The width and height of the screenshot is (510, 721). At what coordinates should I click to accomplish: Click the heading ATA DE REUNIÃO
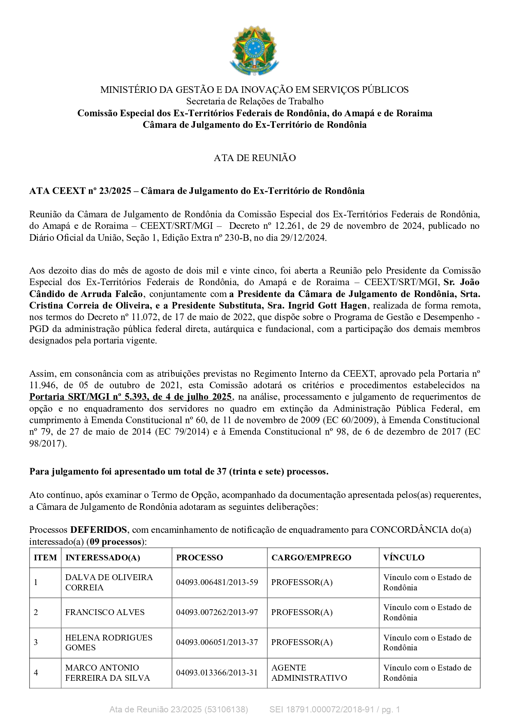[255, 158]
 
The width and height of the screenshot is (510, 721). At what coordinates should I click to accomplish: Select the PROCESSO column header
[199, 557]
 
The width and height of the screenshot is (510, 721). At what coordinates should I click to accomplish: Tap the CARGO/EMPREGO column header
[311, 557]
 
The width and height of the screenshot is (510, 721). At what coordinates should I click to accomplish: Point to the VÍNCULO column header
[403, 557]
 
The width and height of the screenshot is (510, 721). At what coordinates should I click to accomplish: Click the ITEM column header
[45, 557]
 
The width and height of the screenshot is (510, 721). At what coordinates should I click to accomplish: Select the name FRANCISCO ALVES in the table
[105, 612]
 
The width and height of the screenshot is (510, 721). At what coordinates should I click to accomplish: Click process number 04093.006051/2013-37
[217, 642]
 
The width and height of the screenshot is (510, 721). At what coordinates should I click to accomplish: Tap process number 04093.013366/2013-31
[217, 673]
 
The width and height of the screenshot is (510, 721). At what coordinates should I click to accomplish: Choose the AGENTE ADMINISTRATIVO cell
[309, 673]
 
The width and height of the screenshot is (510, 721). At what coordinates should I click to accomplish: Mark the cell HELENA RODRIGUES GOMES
[109, 642]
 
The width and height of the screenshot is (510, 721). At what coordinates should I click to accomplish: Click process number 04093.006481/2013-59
[217, 582]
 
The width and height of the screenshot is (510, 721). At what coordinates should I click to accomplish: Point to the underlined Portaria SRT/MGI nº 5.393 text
[130, 397]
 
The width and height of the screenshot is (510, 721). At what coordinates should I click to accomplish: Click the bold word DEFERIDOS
[98, 530]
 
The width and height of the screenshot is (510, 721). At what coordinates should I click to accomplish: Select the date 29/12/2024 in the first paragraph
[305, 238]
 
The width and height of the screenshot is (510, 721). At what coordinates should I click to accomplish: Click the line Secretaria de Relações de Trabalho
[255, 101]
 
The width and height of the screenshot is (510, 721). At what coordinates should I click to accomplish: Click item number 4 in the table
[36, 673]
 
